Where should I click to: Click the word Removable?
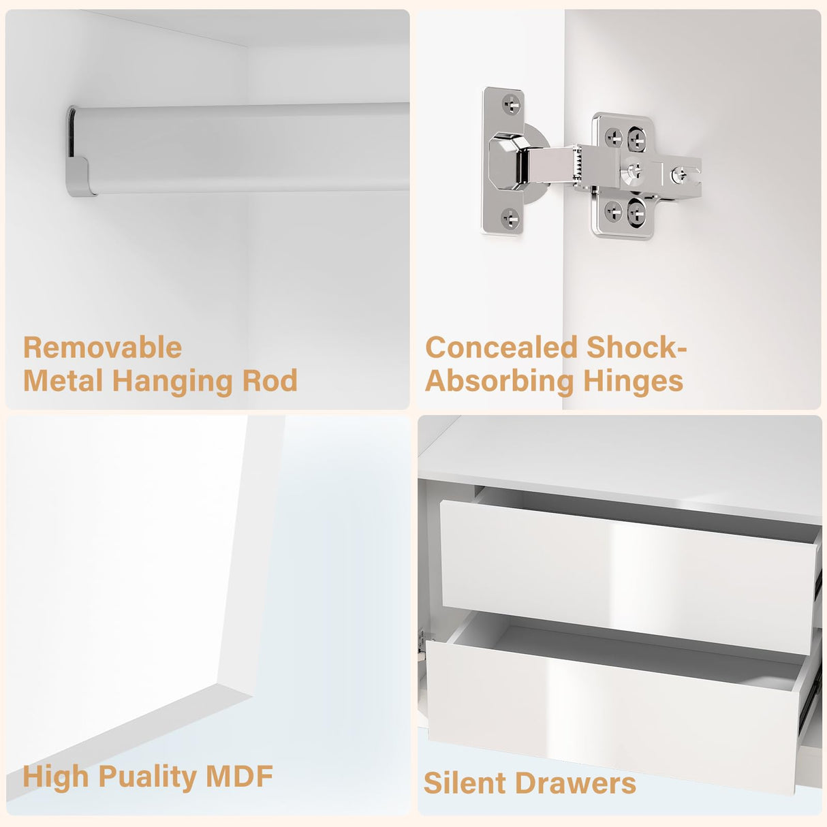(x=102, y=347)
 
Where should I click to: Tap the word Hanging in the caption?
(x=172, y=381)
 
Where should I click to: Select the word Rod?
(x=270, y=380)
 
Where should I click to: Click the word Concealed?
(x=501, y=347)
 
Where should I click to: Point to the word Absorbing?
(x=499, y=381)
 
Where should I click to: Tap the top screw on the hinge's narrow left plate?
(x=511, y=104)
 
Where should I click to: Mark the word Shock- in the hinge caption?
(x=637, y=347)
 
